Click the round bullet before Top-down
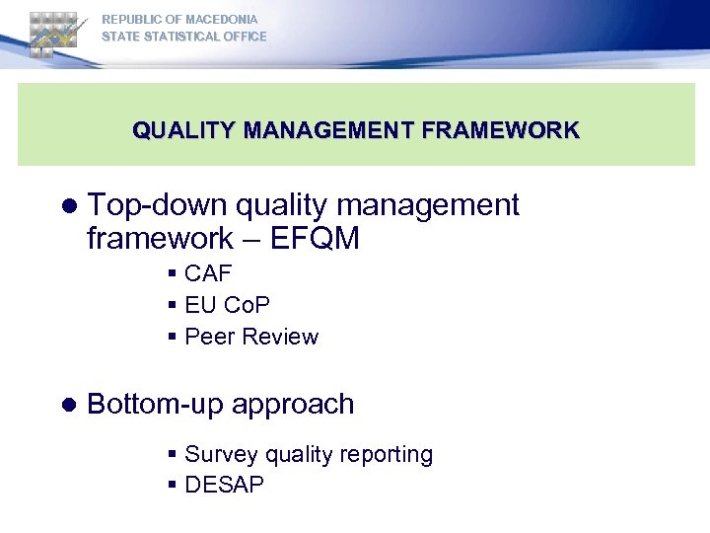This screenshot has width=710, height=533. pyautogui.click(x=68, y=206)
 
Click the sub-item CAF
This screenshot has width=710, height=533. pyautogui.click(x=207, y=273)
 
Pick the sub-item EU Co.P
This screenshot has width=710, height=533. pyautogui.click(x=227, y=305)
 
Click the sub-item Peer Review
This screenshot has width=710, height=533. pyautogui.click(x=251, y=337)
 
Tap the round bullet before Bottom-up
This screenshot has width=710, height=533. pyautogui.click(x=68, y=405)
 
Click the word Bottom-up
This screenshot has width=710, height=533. pyautogui.click(x=153, y=404)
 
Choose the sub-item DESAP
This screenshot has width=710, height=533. pyautogui.click(x=224, y=485)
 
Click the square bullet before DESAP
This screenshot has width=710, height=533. pyautogui.click(x=173, y=486)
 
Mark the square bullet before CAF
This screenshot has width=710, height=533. pyautogui.click(x=173, y=274)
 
